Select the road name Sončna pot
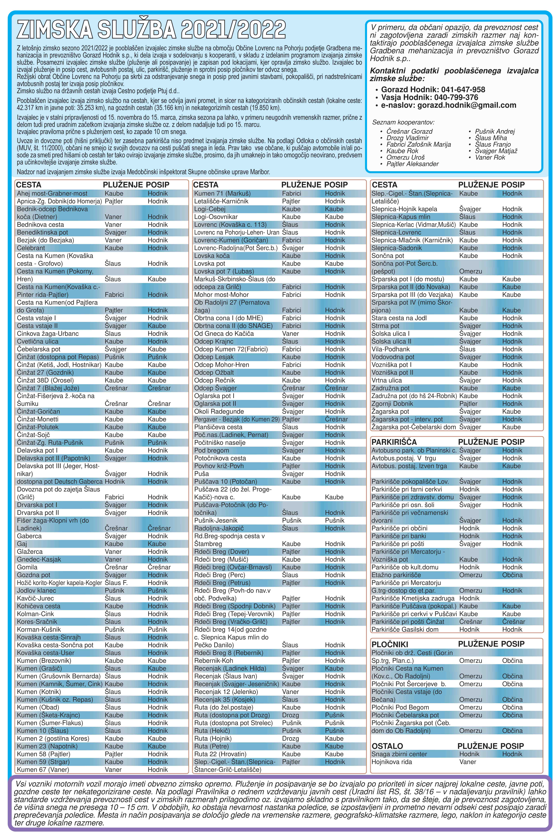388,256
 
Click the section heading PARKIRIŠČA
394,442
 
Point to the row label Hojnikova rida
391,762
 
